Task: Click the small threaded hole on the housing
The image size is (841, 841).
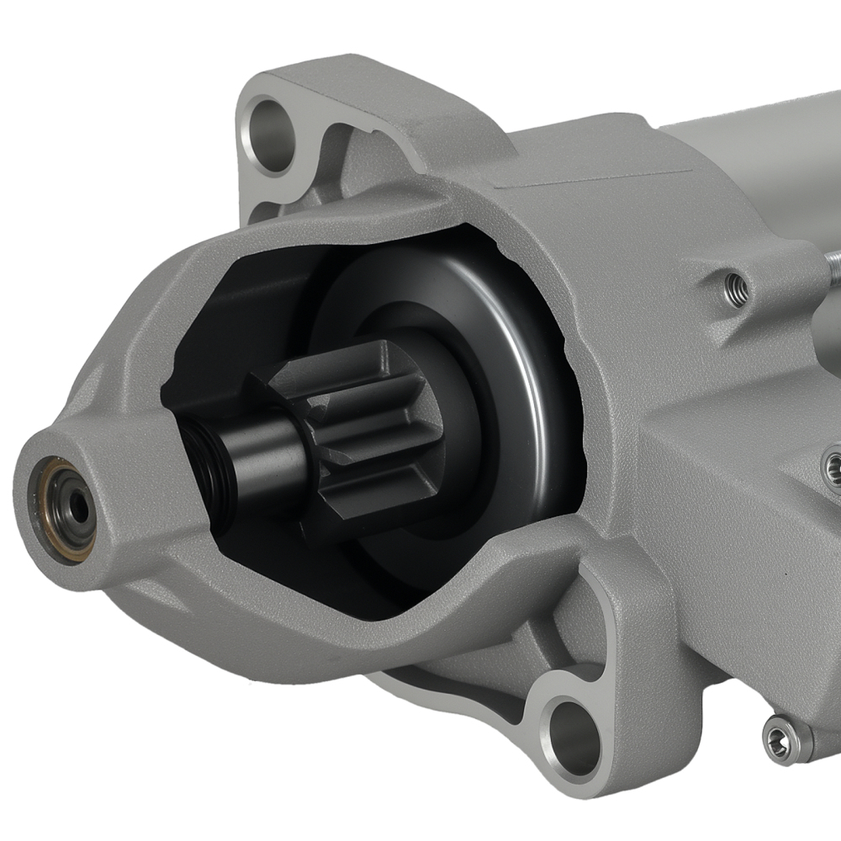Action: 736,288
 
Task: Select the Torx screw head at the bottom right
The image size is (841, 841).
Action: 780,740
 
